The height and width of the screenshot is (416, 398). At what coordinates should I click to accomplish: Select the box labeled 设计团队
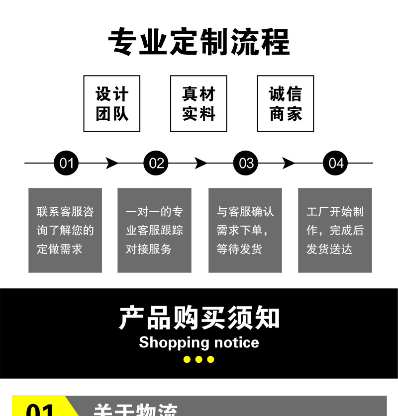112,104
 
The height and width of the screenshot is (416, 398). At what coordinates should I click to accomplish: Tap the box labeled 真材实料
199,104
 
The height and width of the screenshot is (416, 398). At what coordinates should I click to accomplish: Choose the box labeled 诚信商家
286,104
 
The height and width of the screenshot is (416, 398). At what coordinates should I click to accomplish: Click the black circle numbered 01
66,163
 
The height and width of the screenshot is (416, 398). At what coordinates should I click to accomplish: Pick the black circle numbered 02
156,163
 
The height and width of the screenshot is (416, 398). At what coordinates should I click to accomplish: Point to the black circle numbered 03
246,163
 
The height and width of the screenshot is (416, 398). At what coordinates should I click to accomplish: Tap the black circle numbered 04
336,163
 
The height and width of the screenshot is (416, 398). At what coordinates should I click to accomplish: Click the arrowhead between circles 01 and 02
112,163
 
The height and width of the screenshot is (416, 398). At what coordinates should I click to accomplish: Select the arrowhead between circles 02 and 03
201,163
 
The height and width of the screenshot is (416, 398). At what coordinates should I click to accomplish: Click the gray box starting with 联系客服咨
65,230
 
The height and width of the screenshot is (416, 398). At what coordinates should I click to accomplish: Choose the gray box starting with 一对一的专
154,230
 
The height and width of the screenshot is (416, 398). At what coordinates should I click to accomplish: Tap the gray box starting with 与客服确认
245,230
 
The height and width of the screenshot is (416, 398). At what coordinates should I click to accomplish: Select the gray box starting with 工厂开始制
335,230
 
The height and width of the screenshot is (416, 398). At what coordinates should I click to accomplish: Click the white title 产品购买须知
199,318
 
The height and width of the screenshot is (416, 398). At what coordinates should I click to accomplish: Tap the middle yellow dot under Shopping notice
199,359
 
